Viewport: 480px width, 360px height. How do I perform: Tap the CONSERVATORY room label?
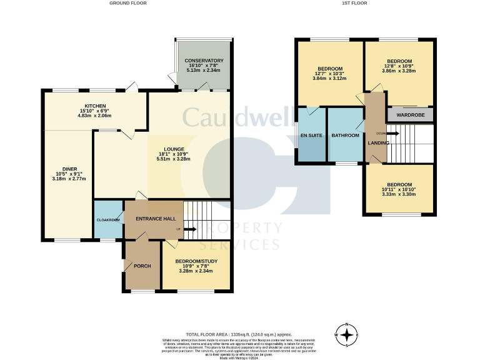[x=204, y=61]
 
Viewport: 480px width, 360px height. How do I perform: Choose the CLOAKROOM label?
[x=108, y=220]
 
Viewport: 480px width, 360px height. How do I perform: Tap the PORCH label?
[x=142, y=266]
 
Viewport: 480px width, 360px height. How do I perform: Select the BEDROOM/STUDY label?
[x=196, y=260]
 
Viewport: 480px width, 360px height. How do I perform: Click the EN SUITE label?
[x=311, y=136]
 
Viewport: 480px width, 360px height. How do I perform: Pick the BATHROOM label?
[x=346, y=136]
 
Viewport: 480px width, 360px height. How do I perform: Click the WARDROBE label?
[x=409, y=115]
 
